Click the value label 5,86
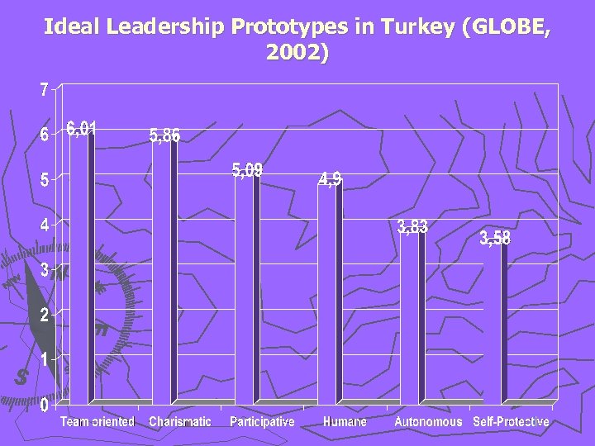tap(164, 136)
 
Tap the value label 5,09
tap(247, 170)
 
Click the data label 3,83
tap(412, 227)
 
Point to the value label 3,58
tap(495, 239)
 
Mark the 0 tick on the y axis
tap(45, 405)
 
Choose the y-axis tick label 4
tap(45, 225)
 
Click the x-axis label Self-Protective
tap(511, 422)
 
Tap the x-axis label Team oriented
tap(97, 422)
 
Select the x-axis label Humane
tap(345, 422)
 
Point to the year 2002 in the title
tap(293, 54)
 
